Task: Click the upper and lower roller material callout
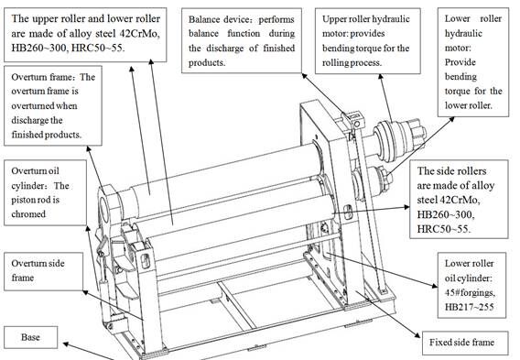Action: point(91,30)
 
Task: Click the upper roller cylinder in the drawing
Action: point(211,174)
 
